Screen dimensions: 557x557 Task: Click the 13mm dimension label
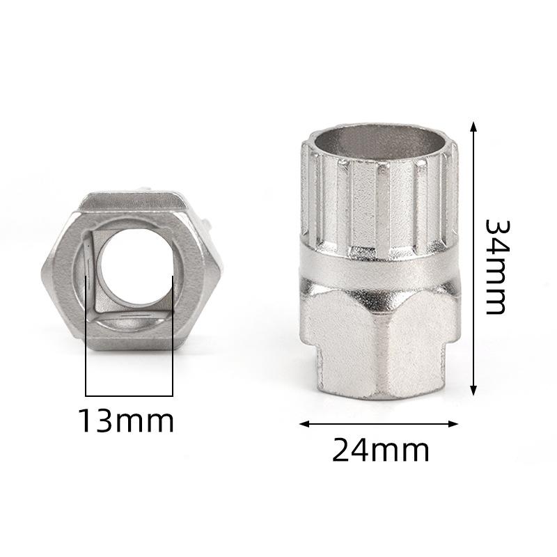[127, 421]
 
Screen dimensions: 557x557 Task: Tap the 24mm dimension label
[380, 449]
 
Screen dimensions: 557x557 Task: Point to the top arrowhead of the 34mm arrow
[473, 127]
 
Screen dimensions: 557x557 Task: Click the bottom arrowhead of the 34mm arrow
[473, 390]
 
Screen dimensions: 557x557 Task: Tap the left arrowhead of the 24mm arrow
[305, 423]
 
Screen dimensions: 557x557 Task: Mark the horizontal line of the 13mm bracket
[130, 395]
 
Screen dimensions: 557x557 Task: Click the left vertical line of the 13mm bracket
[86, 336]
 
